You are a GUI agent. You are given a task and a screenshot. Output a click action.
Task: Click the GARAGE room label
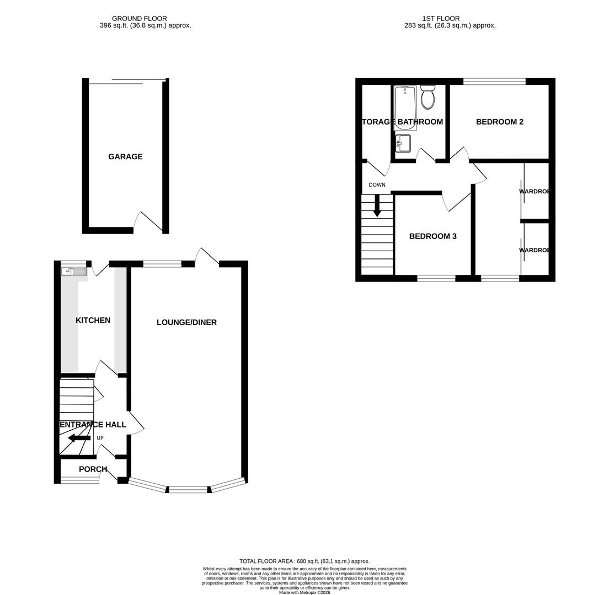point(125,156)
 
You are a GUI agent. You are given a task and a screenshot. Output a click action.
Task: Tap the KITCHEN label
point(93,320)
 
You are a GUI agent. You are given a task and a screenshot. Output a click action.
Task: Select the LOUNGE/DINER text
point(186,322)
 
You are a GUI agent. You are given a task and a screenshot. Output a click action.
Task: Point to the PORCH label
point(93,469)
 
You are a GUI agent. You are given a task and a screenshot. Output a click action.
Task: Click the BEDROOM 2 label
point(499,122)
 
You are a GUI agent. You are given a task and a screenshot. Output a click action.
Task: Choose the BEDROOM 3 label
point(432,236)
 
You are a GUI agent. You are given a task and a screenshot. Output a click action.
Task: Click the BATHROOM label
point(420,122)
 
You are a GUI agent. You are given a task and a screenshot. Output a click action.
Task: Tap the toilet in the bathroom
point(428,98)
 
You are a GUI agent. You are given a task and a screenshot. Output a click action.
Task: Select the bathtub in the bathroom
point(405,107)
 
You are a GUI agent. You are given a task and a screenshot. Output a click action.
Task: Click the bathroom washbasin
point(403,143)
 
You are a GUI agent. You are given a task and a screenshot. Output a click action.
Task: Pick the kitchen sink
point(73,271)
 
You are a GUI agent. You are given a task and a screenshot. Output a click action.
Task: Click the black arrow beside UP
point(79,438)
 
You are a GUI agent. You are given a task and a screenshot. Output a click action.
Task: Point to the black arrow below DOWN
point(377,205)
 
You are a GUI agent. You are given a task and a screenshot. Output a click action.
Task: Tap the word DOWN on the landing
point(377,185)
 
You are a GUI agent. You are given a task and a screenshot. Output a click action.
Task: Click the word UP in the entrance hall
point(100,438)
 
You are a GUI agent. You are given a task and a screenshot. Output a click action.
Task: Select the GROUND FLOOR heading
point(139,19)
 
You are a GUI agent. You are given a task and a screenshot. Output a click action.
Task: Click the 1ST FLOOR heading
point(441,19)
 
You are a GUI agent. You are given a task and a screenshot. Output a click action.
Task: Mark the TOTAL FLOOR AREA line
point(304,561)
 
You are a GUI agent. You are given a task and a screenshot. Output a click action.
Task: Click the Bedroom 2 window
point(494,82)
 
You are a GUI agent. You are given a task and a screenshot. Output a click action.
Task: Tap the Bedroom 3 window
point(436,278)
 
